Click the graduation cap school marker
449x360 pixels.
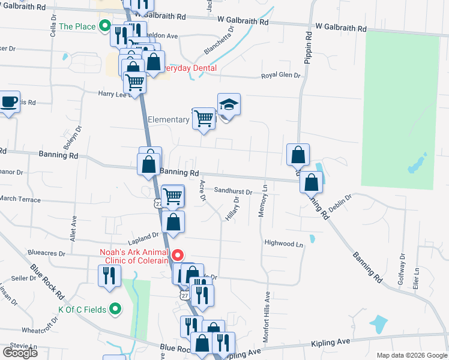(x=229, y=105)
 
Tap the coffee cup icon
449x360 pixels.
(x=9, y=102)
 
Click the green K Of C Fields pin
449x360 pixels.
(x=116, y=310)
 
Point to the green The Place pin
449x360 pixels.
(x=104, y=26)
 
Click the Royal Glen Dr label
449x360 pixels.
(x=280, y=76)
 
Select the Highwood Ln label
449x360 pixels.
(x=284, y=244)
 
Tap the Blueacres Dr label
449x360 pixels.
(x=46, y=253)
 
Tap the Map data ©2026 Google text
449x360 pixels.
(x=411, y=355)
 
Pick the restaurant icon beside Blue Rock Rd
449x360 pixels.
(x=109, y=276)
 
